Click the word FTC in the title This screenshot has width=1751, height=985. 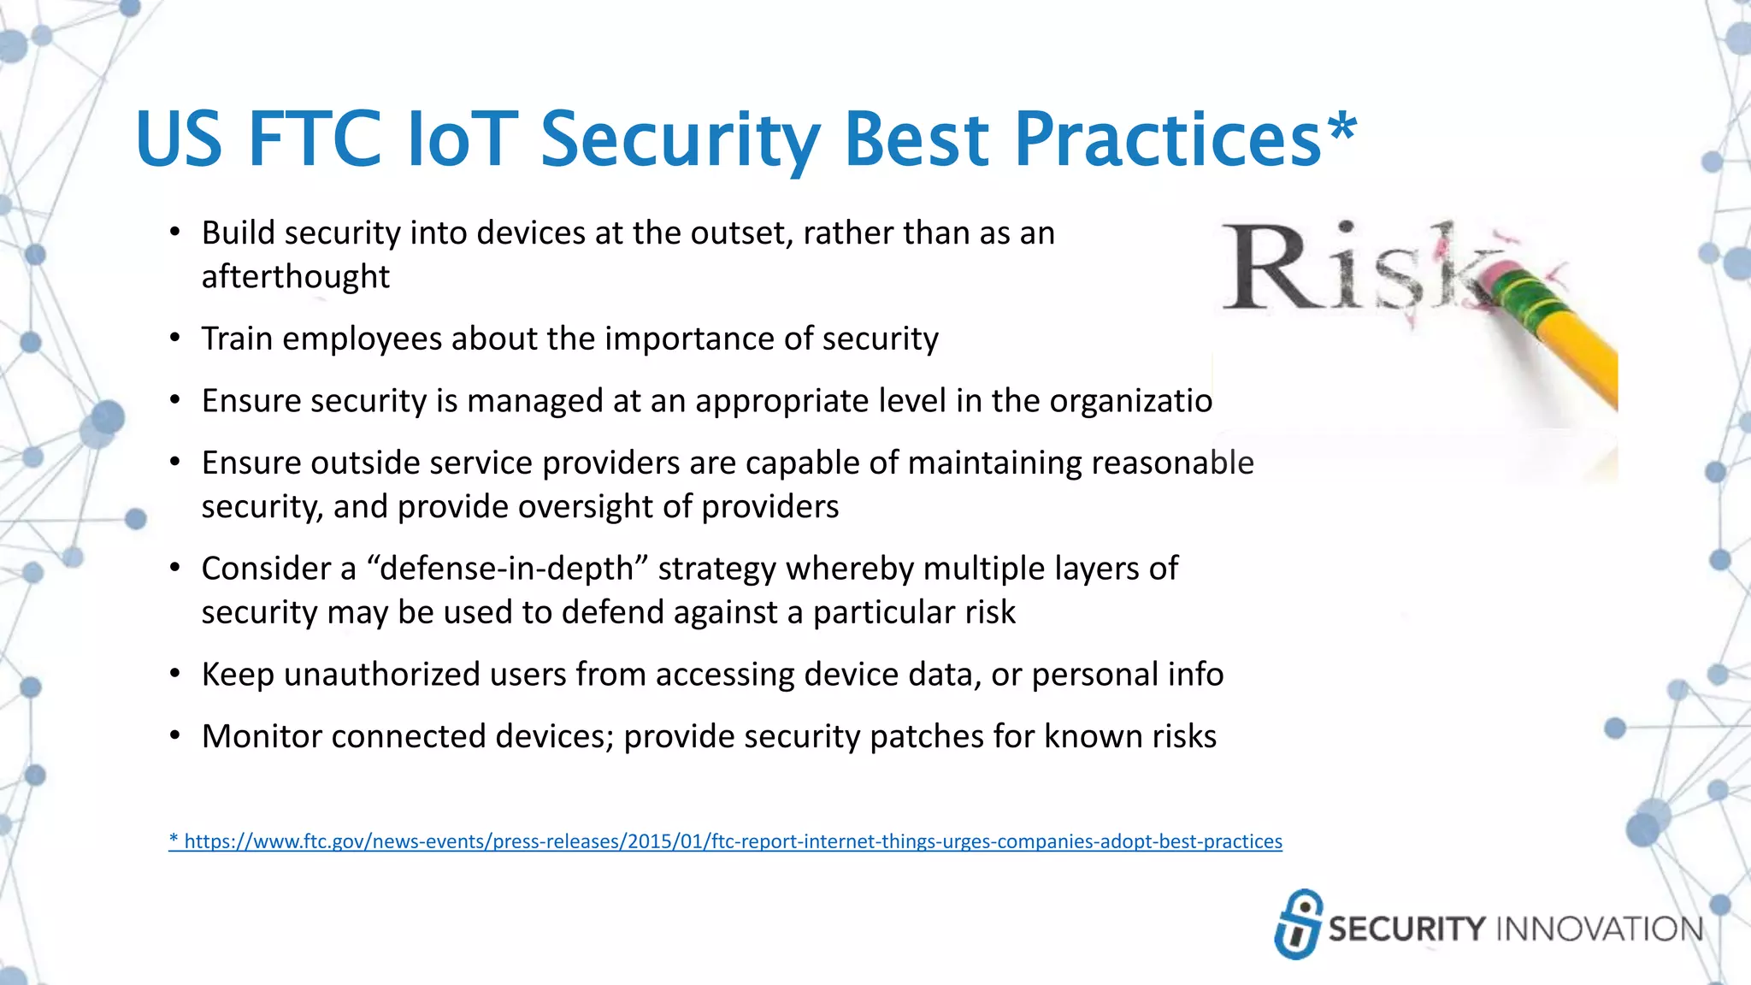click(x=314, y=139)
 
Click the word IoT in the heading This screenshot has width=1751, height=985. click(x=463, y=139)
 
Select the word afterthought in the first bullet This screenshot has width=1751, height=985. click(x=295, y=277)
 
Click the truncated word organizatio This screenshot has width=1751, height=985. click(x=1130, y=401)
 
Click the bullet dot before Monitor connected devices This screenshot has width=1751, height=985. click(x=175, y=736)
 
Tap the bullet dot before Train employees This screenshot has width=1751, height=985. click(x=175, y=339)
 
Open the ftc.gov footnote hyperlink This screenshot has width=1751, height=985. click(x=725, y=841)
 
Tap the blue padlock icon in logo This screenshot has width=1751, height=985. click(x=1299, y=923)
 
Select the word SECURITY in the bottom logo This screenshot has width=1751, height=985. click(x=1406, y=929)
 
